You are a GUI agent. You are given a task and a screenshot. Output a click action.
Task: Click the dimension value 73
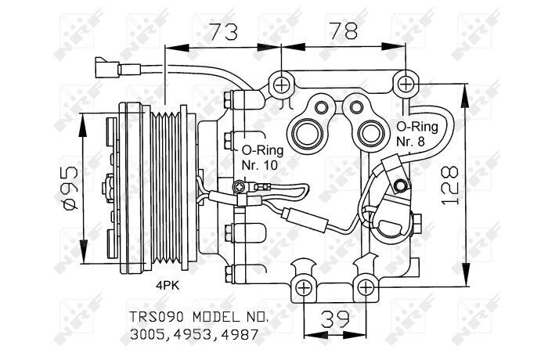point(224,31)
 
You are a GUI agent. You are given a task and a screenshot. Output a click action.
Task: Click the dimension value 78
point(344,31)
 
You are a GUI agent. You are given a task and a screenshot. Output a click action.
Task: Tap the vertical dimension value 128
point(449,185)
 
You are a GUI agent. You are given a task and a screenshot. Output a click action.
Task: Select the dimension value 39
point(335,319)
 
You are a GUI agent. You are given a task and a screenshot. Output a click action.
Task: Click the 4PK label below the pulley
point(168,286)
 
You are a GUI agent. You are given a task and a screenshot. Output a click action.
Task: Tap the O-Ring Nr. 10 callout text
point(262,157)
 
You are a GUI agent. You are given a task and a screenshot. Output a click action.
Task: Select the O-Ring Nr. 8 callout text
point(417,134)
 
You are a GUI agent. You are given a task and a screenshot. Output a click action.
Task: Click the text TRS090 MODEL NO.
point(200,318)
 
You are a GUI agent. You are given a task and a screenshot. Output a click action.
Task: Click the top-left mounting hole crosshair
point(281,85)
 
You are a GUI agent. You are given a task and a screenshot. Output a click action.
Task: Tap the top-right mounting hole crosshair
point(406,84)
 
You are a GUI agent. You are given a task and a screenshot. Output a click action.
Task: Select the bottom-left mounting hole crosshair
point(304,288)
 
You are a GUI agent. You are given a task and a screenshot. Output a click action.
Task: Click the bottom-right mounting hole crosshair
point(366,288)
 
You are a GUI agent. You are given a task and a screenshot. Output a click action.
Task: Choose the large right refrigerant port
point(371,135)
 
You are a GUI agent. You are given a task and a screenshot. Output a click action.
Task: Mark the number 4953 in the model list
point(193,335)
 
